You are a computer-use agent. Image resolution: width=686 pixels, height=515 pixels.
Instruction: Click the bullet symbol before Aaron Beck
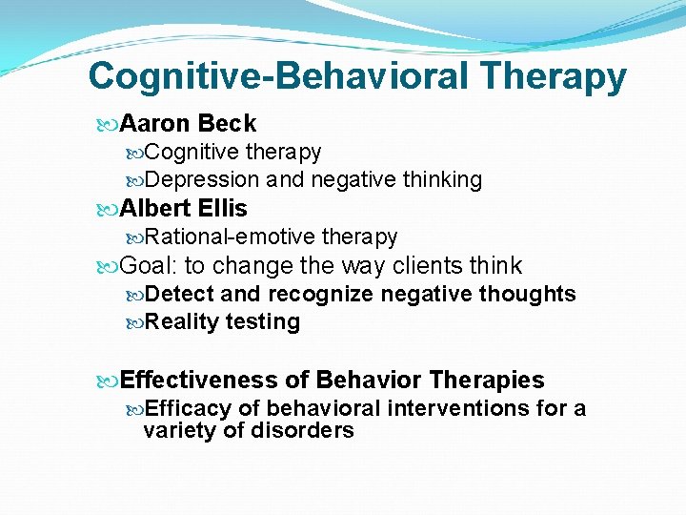(107, 124)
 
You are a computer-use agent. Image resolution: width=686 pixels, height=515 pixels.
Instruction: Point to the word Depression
(203, 179)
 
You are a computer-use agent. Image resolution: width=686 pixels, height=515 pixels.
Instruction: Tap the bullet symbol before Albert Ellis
(107, 209)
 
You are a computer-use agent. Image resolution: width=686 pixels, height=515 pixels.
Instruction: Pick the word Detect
(181, 294)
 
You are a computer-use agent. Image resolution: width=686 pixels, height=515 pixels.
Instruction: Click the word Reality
(183, 322)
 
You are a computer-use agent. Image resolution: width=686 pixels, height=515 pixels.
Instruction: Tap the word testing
(263, 322)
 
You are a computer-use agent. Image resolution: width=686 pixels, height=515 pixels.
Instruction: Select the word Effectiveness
(199, 381)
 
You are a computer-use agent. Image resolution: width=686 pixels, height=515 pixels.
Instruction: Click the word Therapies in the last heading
(487, 381)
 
